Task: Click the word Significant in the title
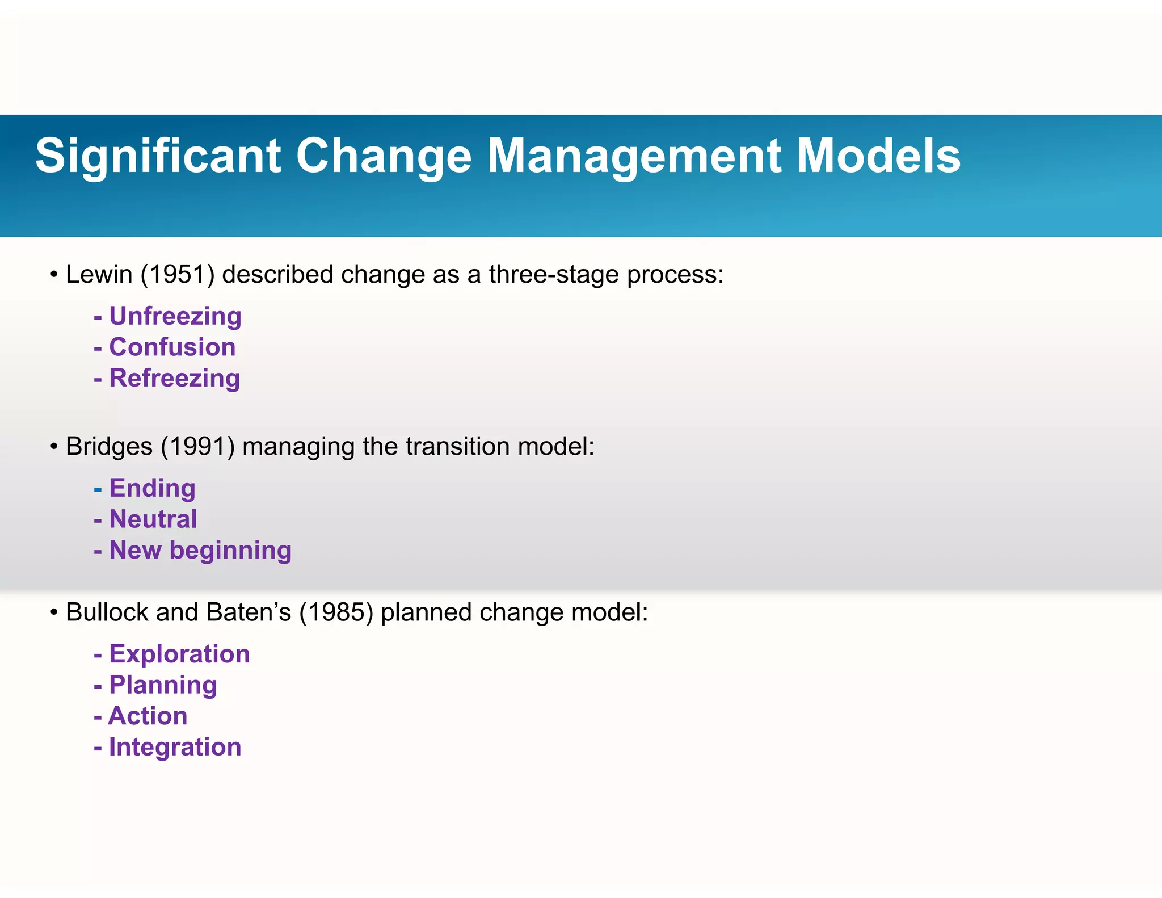(x=158, y=156)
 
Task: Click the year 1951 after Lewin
(x=177, y=275)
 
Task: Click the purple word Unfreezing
(x=175, y=316)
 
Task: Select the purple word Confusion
(x=172, y=347)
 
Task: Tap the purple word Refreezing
(x=175, y=378)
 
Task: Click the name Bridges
(x=109, y=447)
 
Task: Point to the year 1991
(x=197, y=447)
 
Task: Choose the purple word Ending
(x=152, y=489)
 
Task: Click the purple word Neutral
(x=153, y=519)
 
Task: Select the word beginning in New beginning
(x=230, y=551)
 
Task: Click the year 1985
(x=336, y=612)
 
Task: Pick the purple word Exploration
(x=179, y=654)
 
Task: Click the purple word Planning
(x=163, y=685)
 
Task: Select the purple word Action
(x=148, y=716)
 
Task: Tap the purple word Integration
(x=175, y=747)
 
